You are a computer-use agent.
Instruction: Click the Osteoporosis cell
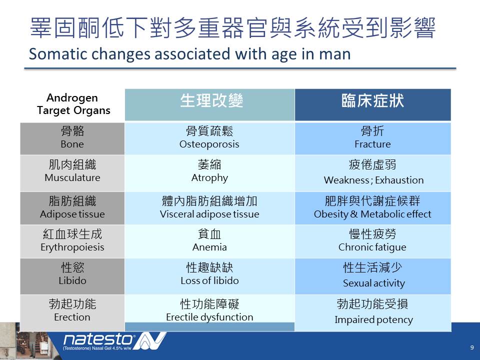[x=209, y=138]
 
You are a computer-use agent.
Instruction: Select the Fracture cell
[x=373, y=138]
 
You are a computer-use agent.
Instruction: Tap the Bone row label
[x=72, y=138]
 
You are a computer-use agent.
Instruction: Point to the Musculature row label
[x=72, y=173]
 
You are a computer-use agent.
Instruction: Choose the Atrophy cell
[x=209, y=173]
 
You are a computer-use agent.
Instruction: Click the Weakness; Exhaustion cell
[x=373, y=173]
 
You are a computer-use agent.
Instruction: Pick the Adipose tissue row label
[x=72, y=208]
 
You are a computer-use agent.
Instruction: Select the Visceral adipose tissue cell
[x=209, y=208]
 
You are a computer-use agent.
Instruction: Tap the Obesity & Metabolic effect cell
[x=373, y=208]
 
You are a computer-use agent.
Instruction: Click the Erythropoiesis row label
[x=72, y=241]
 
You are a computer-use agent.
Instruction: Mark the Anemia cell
[x=209, y=241]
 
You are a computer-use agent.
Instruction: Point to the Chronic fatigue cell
[x=373, y=241]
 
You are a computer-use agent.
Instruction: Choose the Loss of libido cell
[x=209, y=276]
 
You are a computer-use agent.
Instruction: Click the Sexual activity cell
[x=373, y=276]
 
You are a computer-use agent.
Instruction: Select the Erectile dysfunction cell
[x=209, y=308]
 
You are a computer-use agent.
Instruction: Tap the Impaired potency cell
[x=373, y=312]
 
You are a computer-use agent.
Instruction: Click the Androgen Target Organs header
[x=73, y=104]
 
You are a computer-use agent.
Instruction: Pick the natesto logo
[x=114, y=341]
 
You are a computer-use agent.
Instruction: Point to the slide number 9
[x=472, y=347]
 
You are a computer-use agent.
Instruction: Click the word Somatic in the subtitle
[x=58, y=54]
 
